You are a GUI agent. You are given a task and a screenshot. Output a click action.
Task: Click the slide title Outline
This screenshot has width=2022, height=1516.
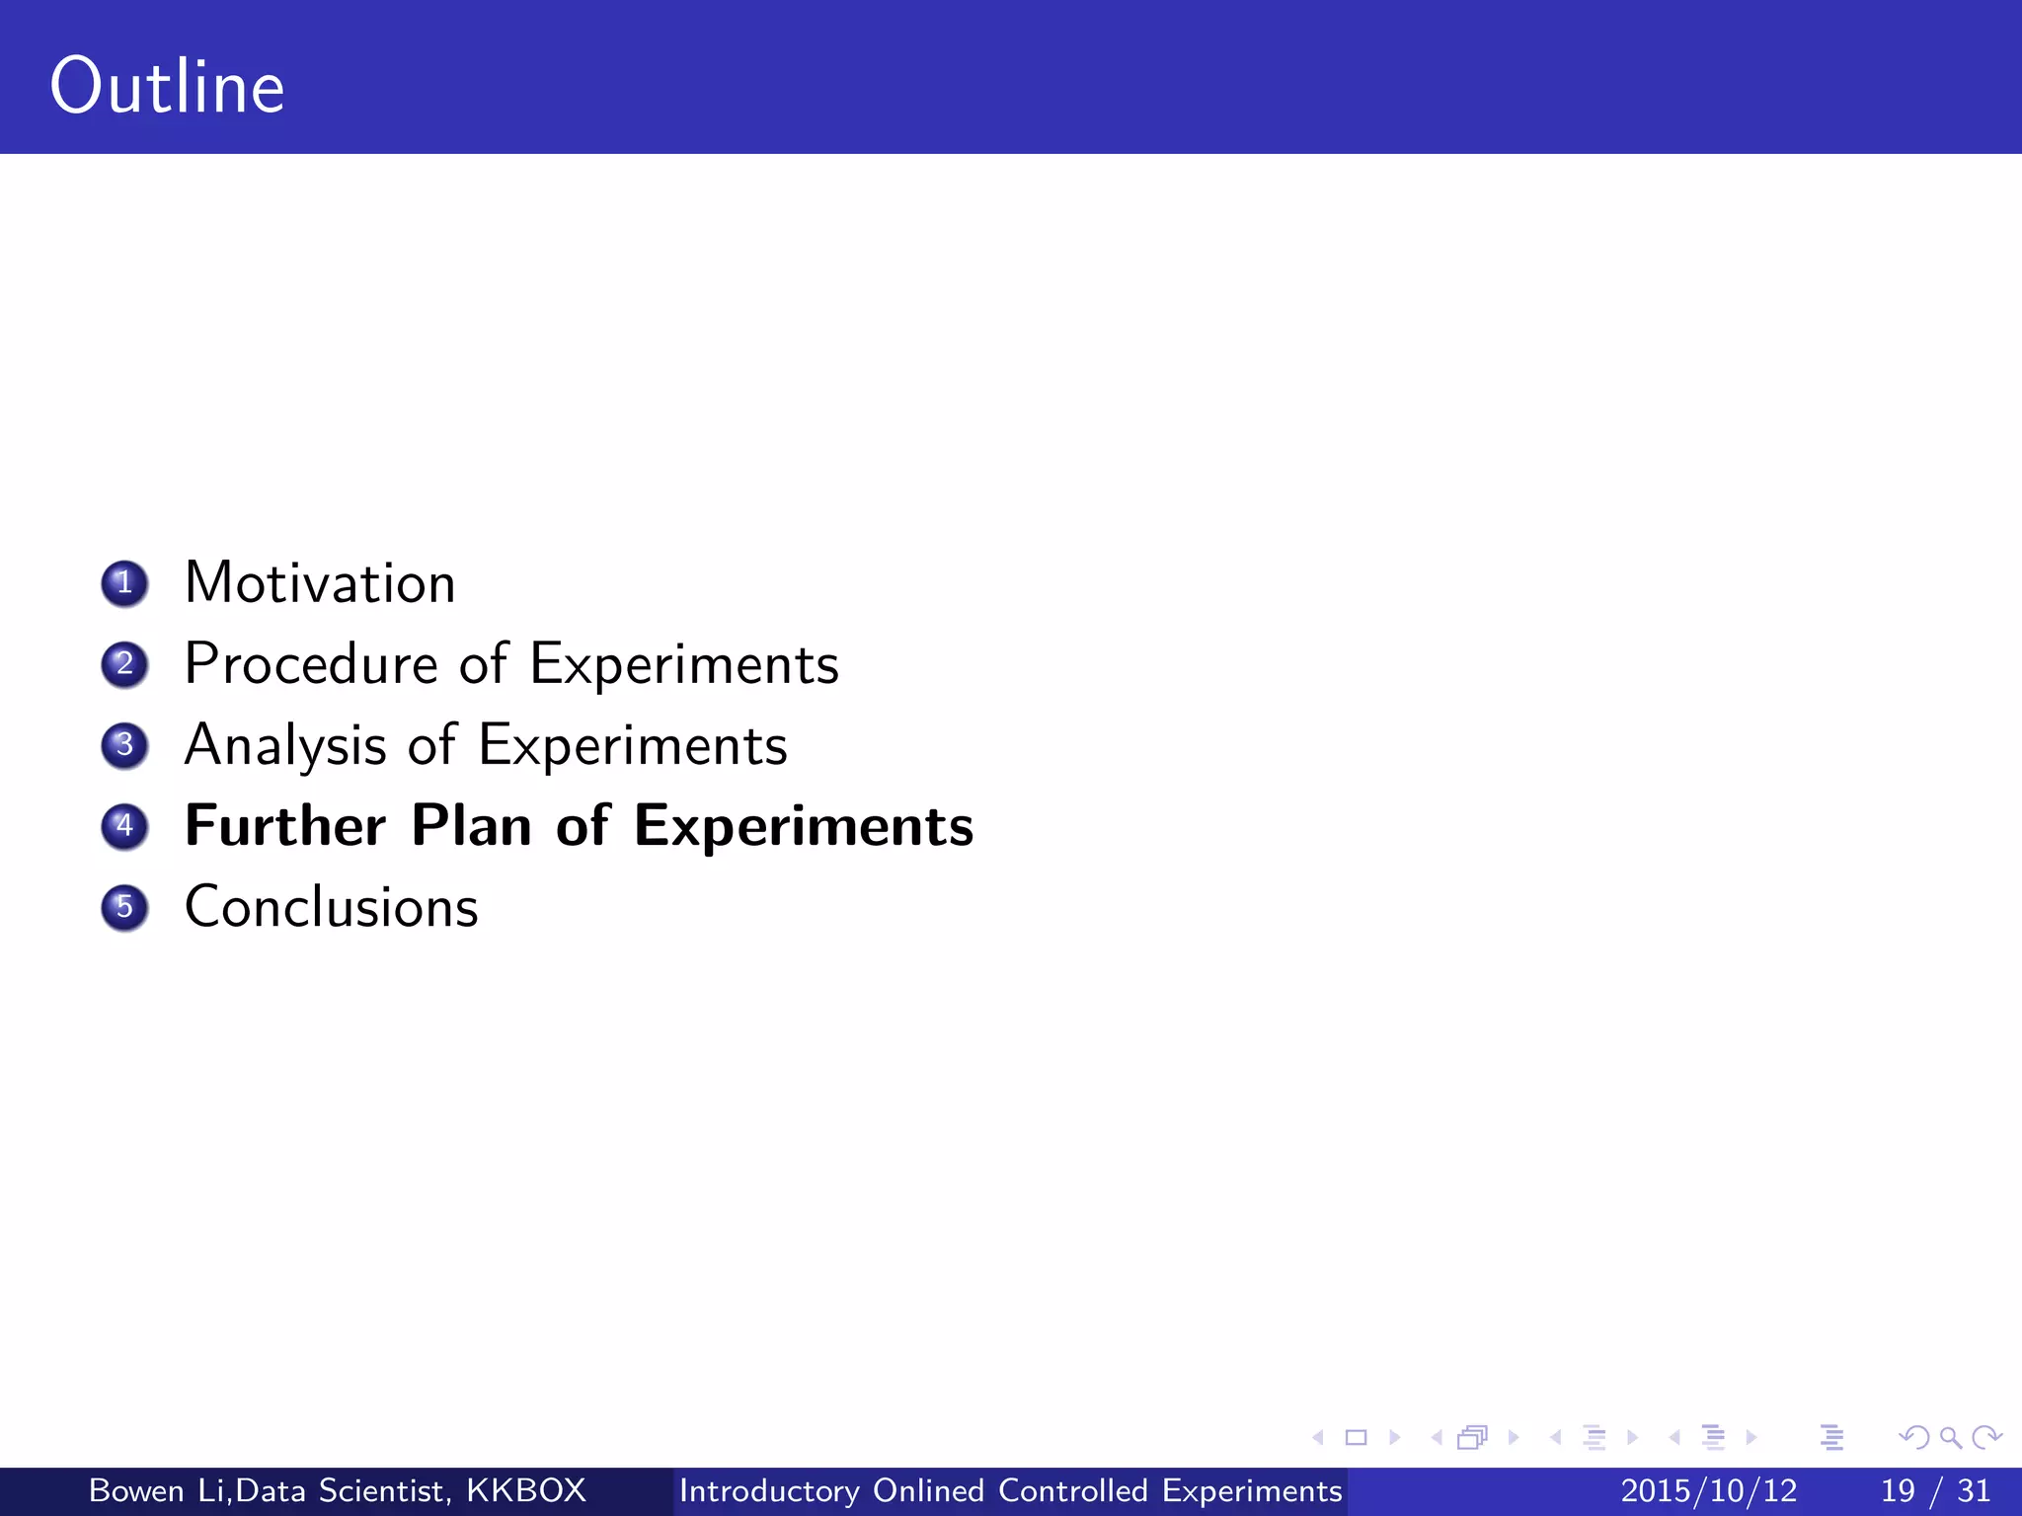click(x=167, y=87)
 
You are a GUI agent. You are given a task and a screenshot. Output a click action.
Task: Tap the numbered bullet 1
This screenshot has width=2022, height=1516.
click(x=124, y=583)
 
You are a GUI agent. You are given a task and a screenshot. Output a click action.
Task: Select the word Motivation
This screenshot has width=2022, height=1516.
click(x=320, y=583)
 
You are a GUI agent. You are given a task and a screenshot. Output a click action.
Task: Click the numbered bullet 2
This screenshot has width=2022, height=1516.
click(x=124, y=664)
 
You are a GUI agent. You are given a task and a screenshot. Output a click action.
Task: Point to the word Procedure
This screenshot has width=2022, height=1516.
click(x=310, y=664)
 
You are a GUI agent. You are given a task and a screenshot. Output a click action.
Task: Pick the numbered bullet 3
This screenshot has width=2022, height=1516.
click(x=124, y=745)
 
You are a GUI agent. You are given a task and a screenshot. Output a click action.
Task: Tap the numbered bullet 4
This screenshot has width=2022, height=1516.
click(x=124, y=826)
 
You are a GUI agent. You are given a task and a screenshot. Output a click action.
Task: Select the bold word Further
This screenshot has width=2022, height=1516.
click(x=285, y=826)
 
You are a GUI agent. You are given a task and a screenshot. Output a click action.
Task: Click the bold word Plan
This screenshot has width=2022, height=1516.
click(x=471, y=826)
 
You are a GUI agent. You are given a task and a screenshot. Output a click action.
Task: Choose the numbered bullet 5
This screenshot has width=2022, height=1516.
click(x=124, y=907)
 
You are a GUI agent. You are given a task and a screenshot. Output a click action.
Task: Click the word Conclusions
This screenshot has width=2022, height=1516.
click(x=331, y=907)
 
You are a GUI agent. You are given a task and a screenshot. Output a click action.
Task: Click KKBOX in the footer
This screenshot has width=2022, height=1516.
click(x=526, y=1490)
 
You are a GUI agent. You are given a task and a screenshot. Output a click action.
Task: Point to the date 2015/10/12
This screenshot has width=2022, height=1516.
click(x=1709, y=1490)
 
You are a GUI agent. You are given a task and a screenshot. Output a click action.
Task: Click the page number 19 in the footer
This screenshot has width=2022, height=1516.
click(x=1898, y=1490)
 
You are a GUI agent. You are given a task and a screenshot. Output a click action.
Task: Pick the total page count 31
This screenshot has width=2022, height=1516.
click(x=1974, y=1490)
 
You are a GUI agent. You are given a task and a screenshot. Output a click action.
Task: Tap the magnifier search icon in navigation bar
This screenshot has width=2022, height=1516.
click(x=1950, y=1437)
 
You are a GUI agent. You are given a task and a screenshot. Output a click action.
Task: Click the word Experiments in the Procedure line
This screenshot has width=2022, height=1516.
click(x=684, y=664)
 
